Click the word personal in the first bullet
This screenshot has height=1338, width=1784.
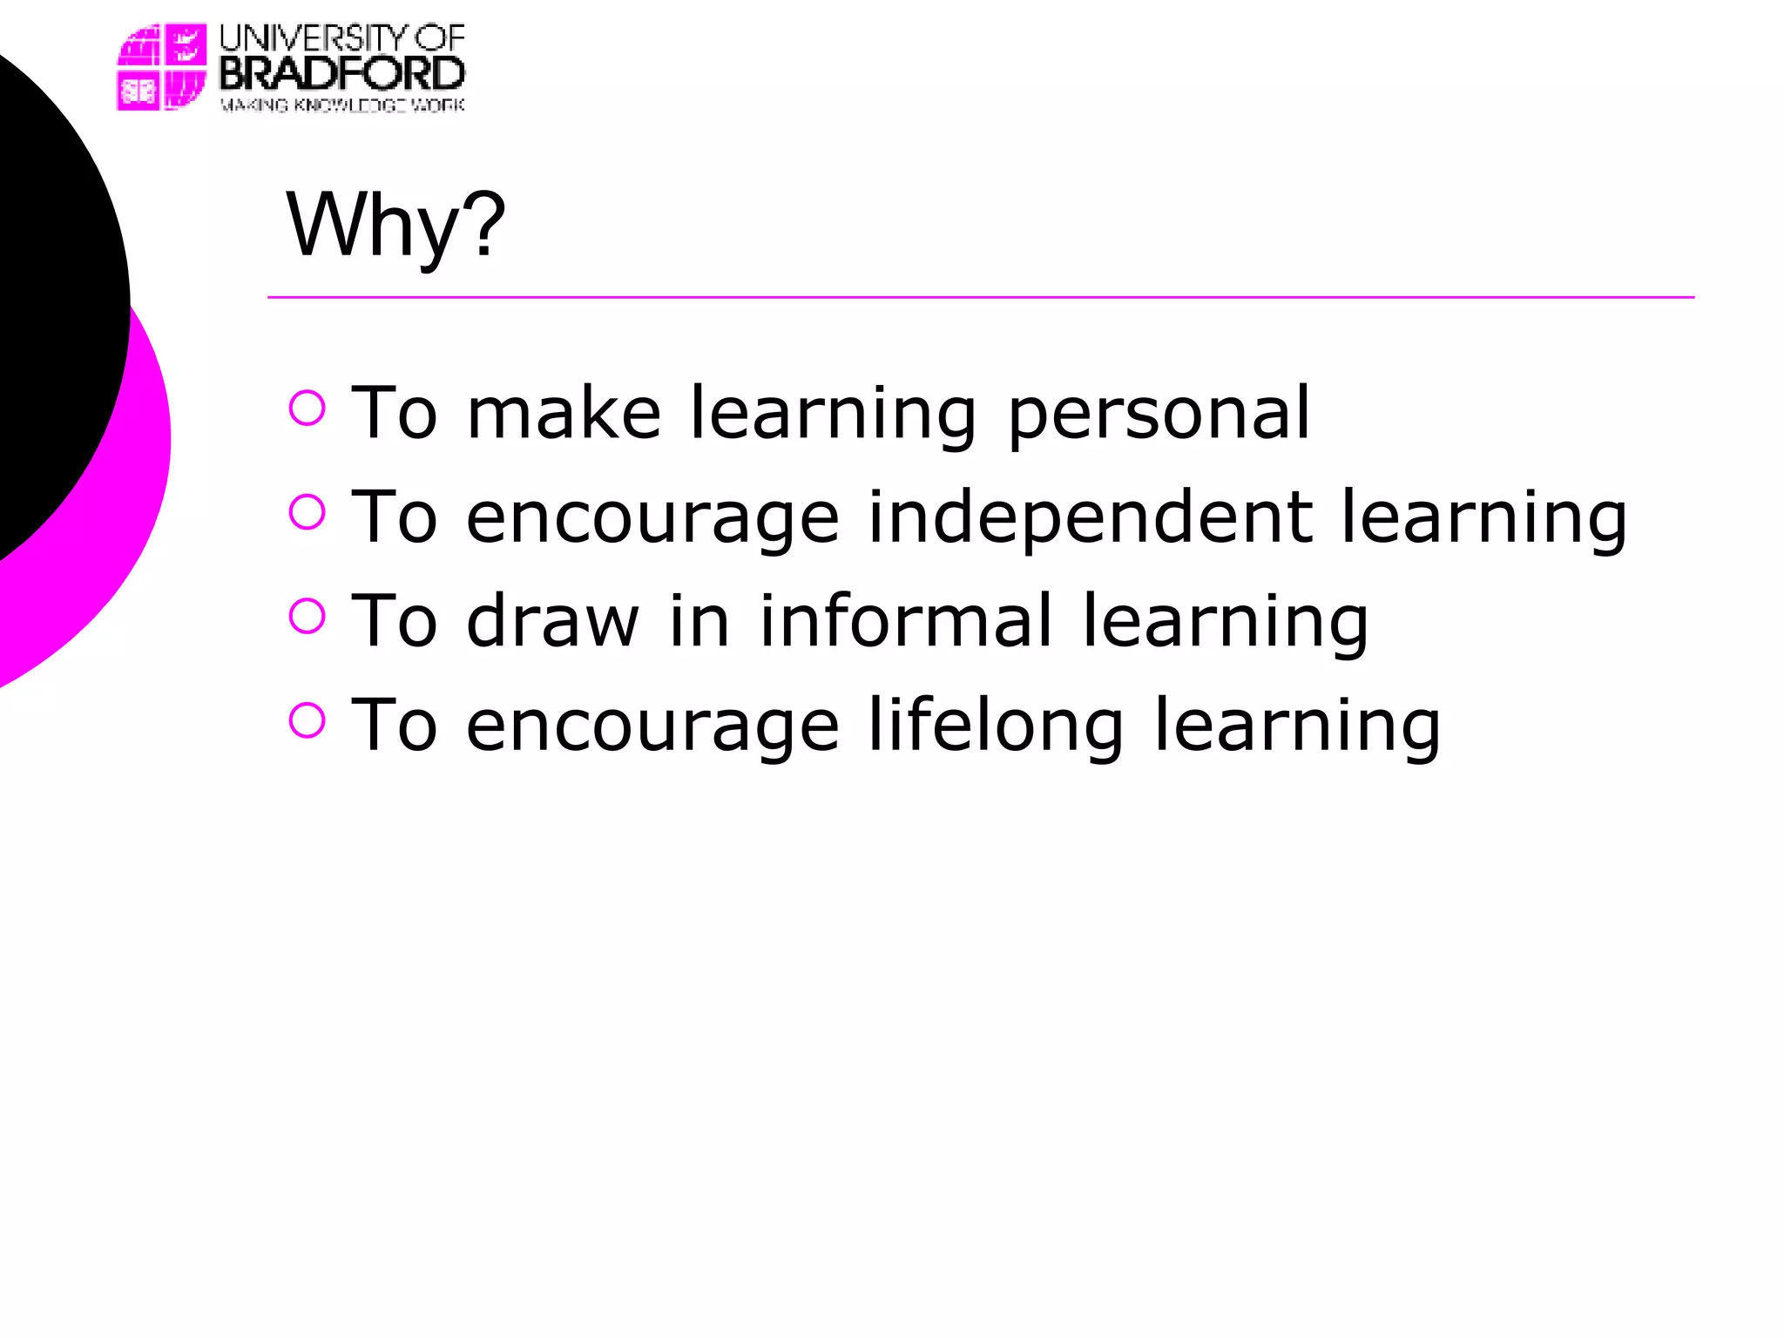click(1159, 414)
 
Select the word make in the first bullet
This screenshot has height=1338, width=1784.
click(564, 414)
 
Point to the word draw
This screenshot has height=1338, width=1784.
click(553, 621)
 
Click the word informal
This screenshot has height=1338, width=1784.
click(906, 621)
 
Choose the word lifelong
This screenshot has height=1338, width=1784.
click(996, 726)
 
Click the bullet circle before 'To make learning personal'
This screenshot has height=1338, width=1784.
click(307, 408)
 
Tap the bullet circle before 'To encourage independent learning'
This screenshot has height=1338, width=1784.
click(307, 512)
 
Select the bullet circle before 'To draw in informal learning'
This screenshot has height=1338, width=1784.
click(307, 616)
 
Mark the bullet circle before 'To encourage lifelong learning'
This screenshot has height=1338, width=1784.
click(307, 720)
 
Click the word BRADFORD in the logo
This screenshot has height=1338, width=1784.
click(341, 73)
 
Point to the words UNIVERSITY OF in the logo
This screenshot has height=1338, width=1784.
click(341, 37)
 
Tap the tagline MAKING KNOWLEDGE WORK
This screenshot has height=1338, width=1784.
click(341, 105)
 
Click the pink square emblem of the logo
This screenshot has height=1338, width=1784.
click(162, 67)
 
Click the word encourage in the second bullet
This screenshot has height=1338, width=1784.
click(653, 517)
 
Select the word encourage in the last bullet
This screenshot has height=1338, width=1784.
click(653, 726)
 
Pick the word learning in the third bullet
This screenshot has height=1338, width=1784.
click(1225, 621)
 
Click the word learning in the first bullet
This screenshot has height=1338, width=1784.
click(833, 414)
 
